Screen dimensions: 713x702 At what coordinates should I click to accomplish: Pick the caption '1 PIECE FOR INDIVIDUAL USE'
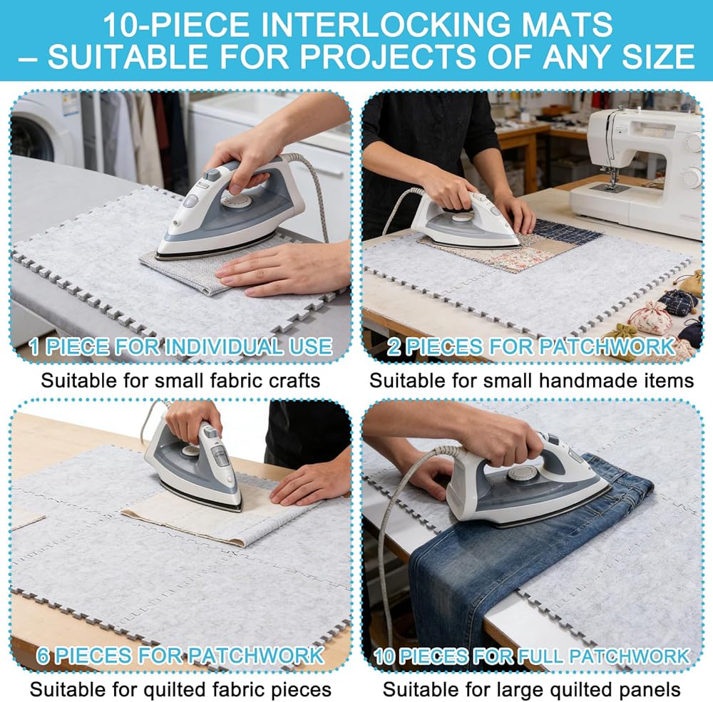tap(180, 346)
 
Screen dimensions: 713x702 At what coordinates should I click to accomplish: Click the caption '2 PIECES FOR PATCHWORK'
tap(531, 346)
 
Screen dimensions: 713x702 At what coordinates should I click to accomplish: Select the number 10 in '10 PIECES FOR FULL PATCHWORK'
tap(384, 656)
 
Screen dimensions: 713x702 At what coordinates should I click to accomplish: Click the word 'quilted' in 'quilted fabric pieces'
tap(173, 689)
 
